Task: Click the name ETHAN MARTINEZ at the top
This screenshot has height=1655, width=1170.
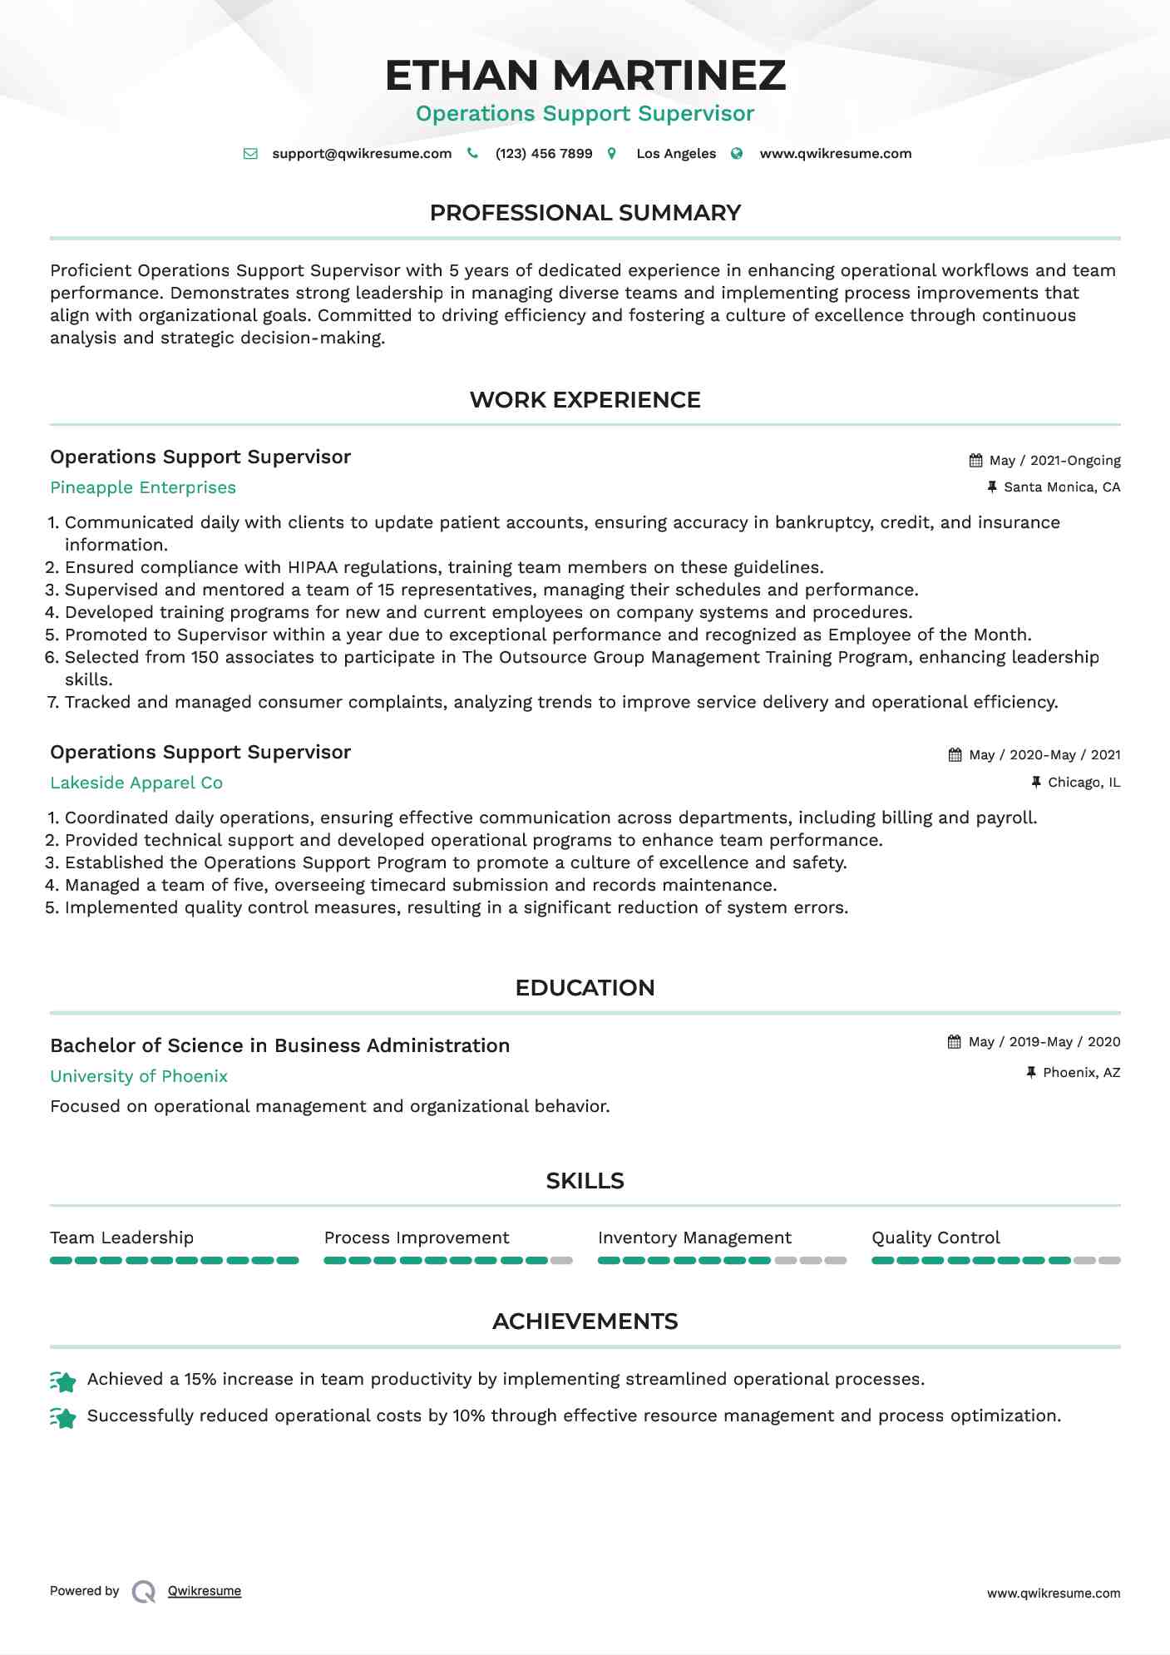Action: coord(585,75)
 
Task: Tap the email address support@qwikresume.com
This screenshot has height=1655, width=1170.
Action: coord(362,154)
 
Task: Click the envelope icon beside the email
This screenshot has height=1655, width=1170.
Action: coord(250,154)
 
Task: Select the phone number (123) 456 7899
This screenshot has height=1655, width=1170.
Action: coord(543,154)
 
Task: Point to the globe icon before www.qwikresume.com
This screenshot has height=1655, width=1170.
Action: coord(737,154)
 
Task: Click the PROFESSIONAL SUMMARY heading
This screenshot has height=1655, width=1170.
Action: coord(585,213)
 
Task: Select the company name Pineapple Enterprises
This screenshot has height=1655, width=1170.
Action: coord(143,488)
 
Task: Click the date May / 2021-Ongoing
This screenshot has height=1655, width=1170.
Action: coord(1054,461)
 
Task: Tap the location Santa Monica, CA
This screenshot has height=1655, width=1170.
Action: coord(1062,487)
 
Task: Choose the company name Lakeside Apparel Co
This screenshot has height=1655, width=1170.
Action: coord(136,783)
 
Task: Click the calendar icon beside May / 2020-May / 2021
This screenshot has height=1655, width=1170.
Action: coord(955,755)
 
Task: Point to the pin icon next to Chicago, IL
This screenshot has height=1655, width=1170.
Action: coord(1036,783)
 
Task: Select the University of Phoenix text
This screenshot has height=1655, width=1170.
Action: coord(139,1077)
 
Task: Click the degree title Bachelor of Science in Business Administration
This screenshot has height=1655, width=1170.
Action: coord(279,1046)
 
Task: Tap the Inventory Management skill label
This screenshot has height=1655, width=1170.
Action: coord(694,1238)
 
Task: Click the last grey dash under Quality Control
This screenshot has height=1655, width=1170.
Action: coord(1109,1261)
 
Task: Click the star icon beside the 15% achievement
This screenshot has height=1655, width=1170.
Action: coord(63,1381)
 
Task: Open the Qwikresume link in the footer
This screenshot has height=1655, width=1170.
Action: coord(205,1591)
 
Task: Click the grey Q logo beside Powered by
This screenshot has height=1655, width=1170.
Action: coord(144,1592)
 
